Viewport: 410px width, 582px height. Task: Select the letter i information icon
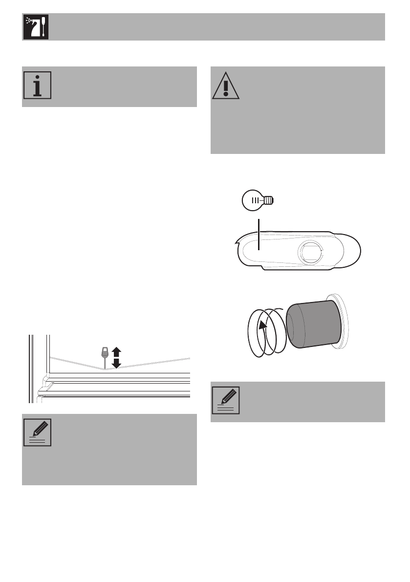tap(37, 86)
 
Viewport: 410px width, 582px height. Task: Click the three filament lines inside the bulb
tap(256, 200)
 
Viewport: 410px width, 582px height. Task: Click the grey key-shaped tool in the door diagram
tap(104, 354)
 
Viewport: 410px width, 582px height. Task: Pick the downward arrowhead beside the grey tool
tap(116, 364)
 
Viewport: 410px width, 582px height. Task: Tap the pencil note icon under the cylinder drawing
tap(226, 400)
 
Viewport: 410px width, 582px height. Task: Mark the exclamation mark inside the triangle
tap(226, 88)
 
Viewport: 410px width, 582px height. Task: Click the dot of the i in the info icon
tap(37, 79)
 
